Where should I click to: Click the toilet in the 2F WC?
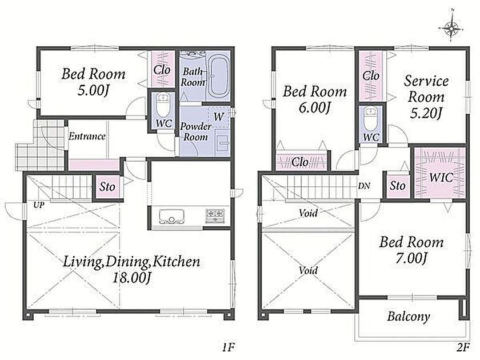[x=370, y=119]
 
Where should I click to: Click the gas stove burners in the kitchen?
[x=215, y=215]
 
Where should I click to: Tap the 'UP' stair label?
[x=39, y=205]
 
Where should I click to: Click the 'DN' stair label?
[x=364, y=186]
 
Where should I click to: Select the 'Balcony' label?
[x=409, y=317]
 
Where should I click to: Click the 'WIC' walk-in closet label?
[x=441, y=177]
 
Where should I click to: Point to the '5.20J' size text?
[x=426, y=114]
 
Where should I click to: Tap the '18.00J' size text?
[x=131, y=278]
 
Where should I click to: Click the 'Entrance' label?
[x=87, y=136]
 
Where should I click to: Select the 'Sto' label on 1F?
[x=107, y=187]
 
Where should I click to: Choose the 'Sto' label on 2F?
[x=398, y=186]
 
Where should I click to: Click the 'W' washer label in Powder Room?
[x=218, y=117]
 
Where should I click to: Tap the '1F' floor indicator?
[x=229, y=347]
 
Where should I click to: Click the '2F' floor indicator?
[x=463, y=347]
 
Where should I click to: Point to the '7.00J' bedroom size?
[x=411, y=258]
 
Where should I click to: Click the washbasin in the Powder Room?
[x=222, y=143]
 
